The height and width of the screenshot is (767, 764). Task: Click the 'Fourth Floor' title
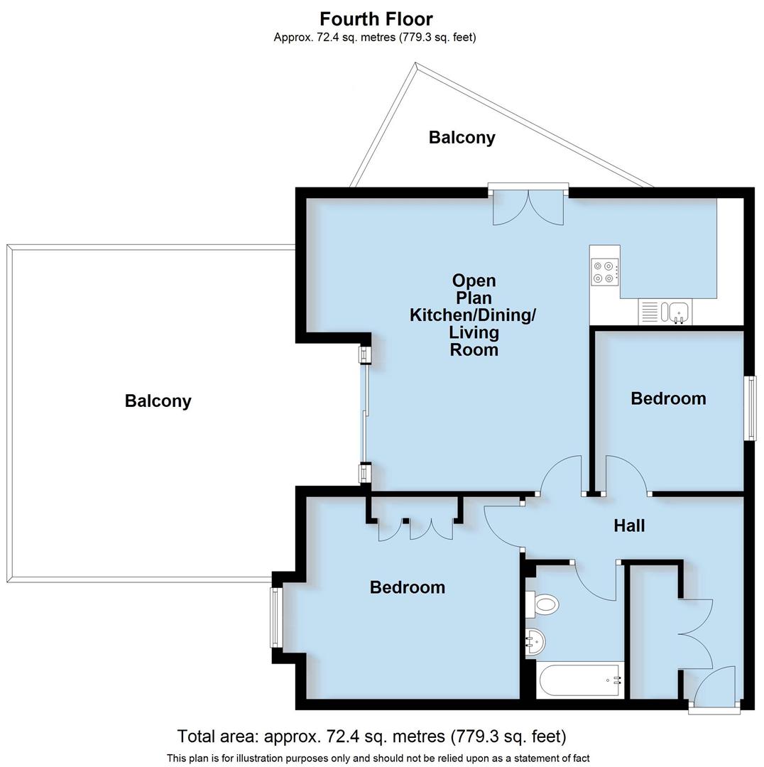(x=376, y=18)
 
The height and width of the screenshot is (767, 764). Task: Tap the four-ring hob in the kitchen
(x=604, y=271)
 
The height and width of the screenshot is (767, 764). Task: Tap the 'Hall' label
(x=629, y=526)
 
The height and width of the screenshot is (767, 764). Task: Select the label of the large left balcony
(x=158, y=401)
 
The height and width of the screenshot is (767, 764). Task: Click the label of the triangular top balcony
(x=462, y=138)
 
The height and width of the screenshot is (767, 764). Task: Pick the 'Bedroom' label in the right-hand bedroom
(x=668, y=398)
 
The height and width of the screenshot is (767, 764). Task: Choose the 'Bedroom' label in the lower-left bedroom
(x=408, y=587)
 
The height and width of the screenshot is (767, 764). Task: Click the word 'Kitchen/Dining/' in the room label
(x=473, y=315)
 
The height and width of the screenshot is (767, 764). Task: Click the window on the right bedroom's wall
(x=749, y=408)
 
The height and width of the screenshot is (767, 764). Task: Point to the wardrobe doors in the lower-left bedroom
(x=415, y=528)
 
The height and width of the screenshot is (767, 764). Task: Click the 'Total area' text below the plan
(x=371, y=736)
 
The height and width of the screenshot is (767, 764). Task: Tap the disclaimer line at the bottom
(x=378, y=758)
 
